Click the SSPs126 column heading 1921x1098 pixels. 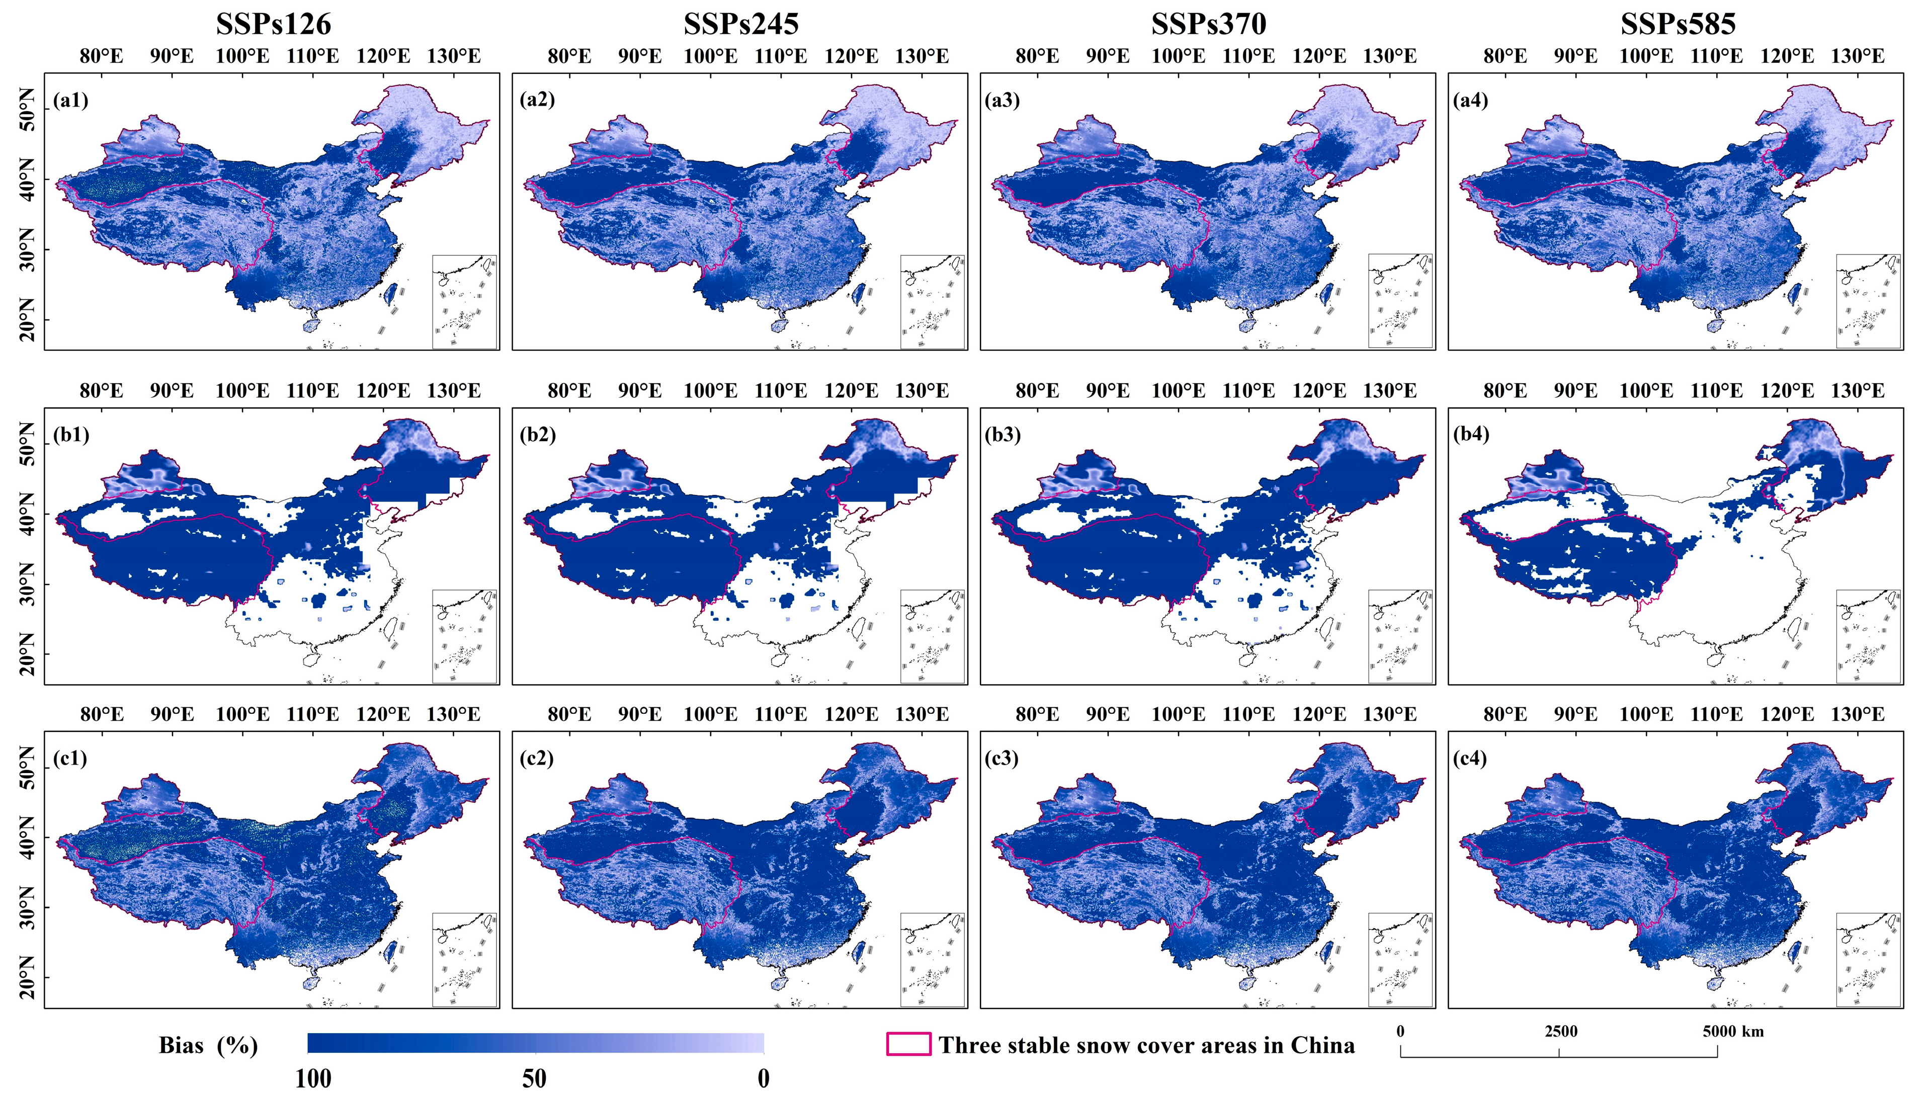pyautogui.click(x=273, y=24)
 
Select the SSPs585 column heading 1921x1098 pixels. pyautogui.click(x=1678, y=24)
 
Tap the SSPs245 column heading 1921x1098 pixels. pyautogui.click(x=741, y=24)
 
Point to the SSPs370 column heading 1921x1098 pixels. pyautogui.click(x=1209, y=24)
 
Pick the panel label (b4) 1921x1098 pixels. pyautogui.click(x=1471, y=435)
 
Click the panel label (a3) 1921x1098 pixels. pyautogui.click(x=1003, y=100)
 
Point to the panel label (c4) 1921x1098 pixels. pyautogui.click(x=1471, y=758)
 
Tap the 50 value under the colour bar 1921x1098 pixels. pyautogui.click(x=535, y=1078)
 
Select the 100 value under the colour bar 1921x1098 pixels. pyautogui.click(x=313, y=1078)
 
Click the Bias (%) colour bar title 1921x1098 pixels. pyautogui.click(x=208, y=1045)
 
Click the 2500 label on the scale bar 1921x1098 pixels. pyautogui.click(x=1560, y=1031)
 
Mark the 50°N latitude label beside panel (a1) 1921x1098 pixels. pyautogui.click(x=28, y=112)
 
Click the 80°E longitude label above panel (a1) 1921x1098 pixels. pyautogui.click(x=101, y=56)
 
